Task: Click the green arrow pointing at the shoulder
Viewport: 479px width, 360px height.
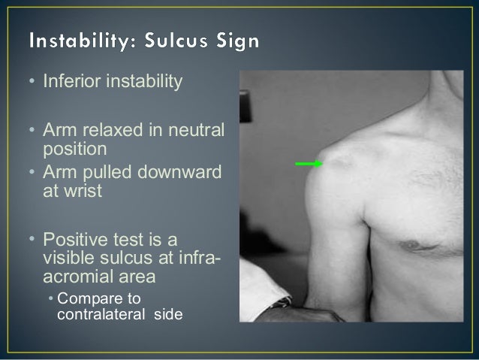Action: click(x=309, y=163)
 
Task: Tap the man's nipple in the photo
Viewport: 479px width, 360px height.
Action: click(x=411, y=246)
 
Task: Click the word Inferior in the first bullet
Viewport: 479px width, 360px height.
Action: click(x=68, y=80)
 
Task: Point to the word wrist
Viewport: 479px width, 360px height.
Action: click(x=73, y=189)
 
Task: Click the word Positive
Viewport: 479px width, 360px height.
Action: click(x=70, y=240)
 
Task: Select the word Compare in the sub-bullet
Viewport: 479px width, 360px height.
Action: click(x=83, y=298)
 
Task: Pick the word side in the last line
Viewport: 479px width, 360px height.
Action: click(x=167, y=313)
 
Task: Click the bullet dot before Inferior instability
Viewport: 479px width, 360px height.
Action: click(x=32, y=81)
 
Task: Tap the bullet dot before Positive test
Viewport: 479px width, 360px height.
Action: click(x=32, y=241)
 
